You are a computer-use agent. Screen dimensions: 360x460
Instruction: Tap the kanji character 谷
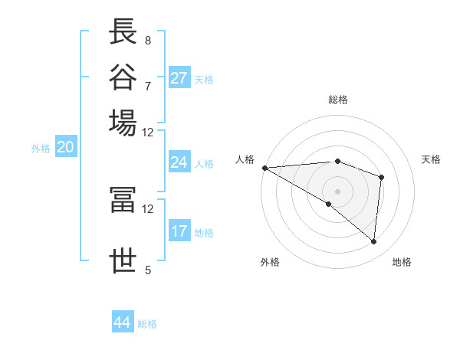pyautogui.click(x=123, y=78)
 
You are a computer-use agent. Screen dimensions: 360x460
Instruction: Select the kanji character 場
pyautogui.click(x=123, y=123)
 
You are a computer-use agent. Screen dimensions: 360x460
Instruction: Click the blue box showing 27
pyautogui.click(x=179, y=78)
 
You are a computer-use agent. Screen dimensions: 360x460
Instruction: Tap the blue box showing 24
pyautogui.click(x=179, y=162)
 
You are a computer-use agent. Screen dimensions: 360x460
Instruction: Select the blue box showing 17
pyautogui.click(x=179, y=231)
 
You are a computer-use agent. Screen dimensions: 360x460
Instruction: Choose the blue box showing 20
pyautogui.click(x=65, y=148)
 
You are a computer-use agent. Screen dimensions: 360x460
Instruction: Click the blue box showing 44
pyautogui.click(x=123, y=322)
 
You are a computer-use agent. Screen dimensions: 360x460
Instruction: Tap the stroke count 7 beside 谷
pyautogui.click(x=147, y=86)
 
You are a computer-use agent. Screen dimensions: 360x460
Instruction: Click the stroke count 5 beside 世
pyautogui.click(x=147, y=270)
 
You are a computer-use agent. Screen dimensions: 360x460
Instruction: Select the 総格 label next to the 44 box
pyautogui.click(x=147, y=324)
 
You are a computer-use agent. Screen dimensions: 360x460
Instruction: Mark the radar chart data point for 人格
pyautogui.click(x=264, y=167)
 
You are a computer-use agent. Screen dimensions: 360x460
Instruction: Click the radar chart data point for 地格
pyautogui.click(x=373, y=241)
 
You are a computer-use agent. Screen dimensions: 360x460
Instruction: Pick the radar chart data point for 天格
pyautogui.click(x=381, y=178)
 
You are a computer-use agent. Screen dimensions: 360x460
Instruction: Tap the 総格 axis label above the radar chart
pyautogui.click(x=337, y=100)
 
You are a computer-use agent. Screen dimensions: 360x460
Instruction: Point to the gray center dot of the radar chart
pyautogui.click(x=337, y=191)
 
